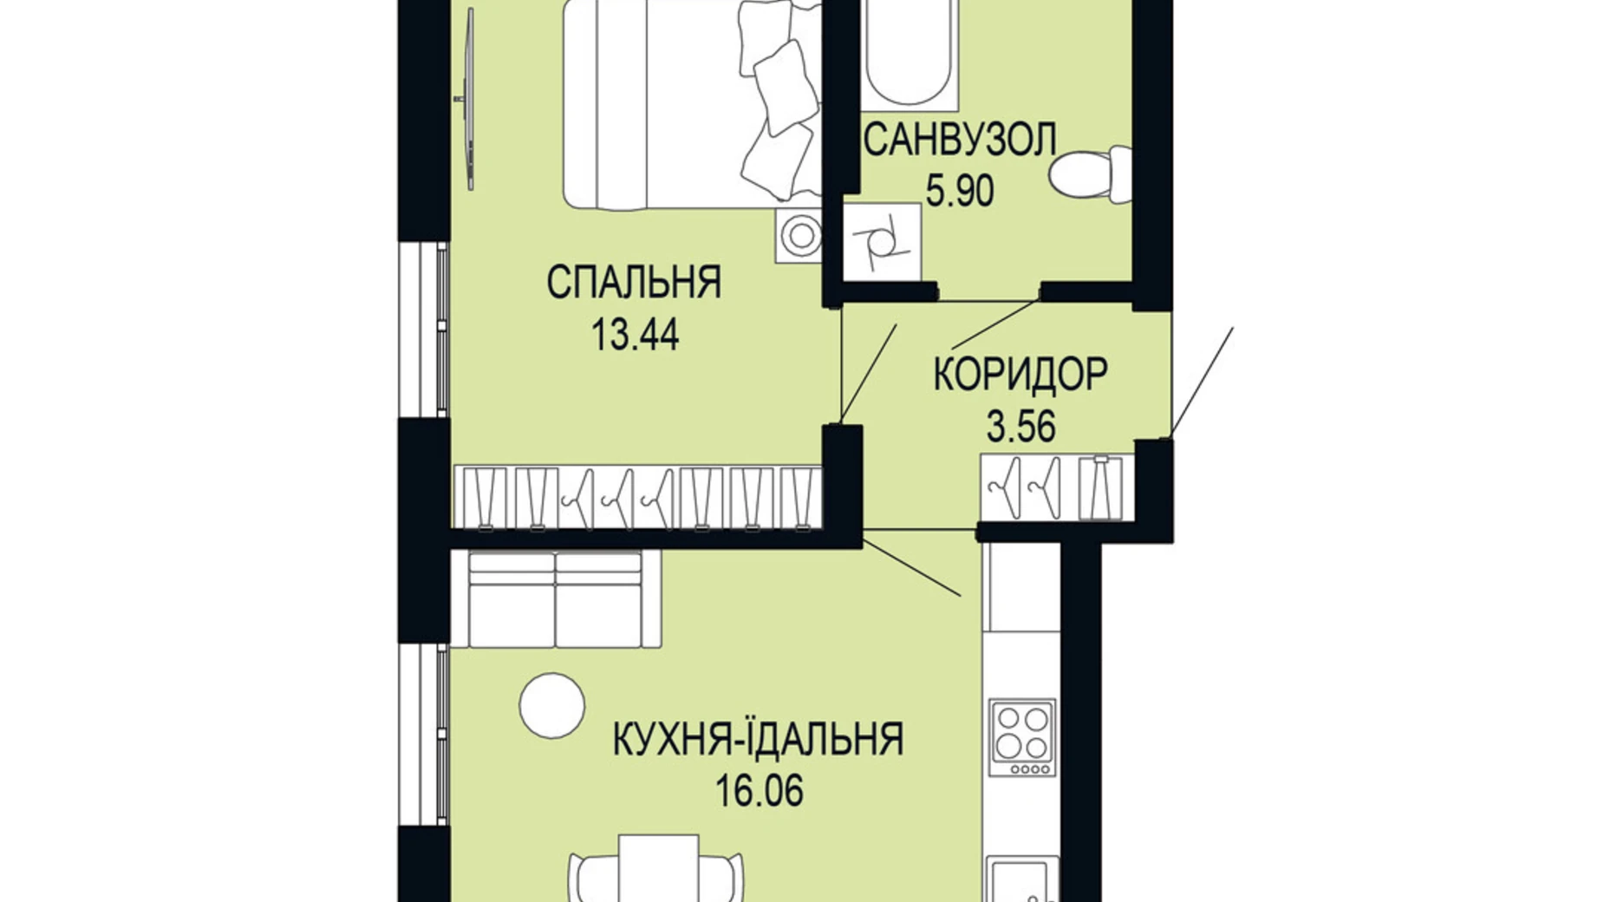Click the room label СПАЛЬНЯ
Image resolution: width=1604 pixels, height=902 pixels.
[634, 283]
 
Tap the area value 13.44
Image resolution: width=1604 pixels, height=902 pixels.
[635, 335]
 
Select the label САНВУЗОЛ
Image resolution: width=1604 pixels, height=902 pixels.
[960, 141]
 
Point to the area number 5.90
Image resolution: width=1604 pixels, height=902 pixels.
[960, 192]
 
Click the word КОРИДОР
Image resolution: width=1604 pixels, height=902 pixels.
[1020, 375]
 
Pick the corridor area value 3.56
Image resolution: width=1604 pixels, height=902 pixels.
[1020, 427]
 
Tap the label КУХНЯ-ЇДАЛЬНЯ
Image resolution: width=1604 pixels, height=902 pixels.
[758, 740]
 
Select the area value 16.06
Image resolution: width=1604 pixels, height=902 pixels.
[759, 791]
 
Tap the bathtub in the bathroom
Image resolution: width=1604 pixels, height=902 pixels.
[906, 52]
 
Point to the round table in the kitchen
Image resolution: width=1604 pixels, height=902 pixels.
[551, 706]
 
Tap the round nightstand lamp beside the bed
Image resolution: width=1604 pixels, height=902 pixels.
[799, 236]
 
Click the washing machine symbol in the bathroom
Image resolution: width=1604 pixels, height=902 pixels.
[883, 242]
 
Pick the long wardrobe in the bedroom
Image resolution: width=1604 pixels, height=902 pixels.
[637, 498]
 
